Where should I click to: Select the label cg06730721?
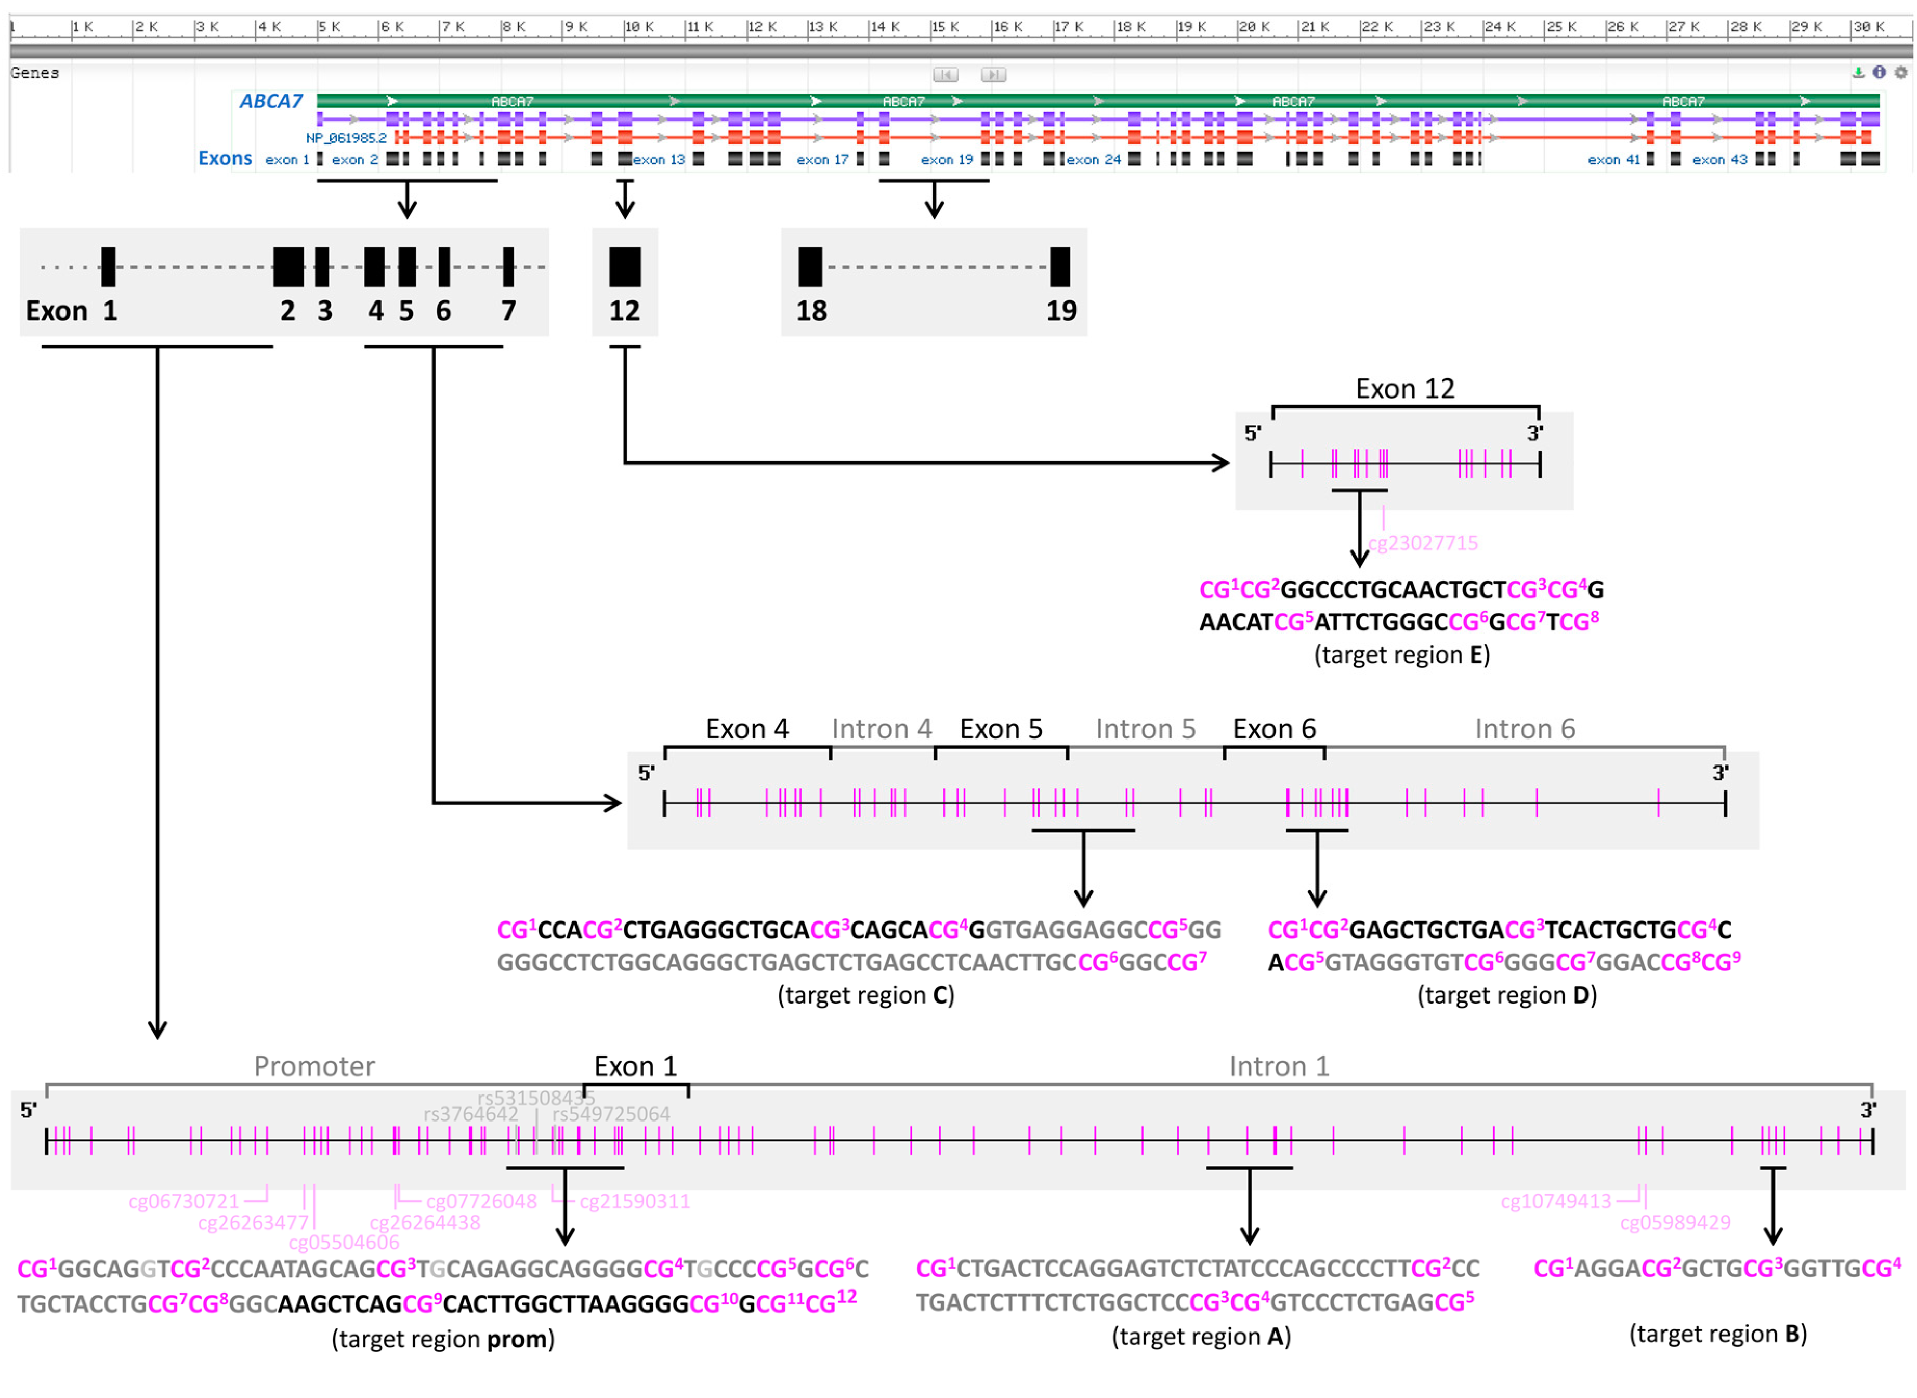(183, 1201)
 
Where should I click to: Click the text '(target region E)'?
(1401, 654)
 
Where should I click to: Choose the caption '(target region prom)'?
(443, 1339)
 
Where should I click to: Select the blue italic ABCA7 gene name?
(271, 101)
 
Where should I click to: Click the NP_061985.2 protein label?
(346, 138)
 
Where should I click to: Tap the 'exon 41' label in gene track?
(1613, 159)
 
